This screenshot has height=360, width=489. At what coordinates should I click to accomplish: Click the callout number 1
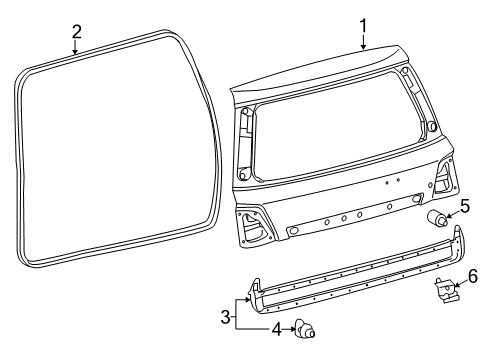point(363,24)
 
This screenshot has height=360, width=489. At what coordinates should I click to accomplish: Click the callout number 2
point(76,30)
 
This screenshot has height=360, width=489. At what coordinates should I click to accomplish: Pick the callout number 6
point(474,275)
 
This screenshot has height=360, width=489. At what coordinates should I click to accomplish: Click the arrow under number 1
point(363,41)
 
